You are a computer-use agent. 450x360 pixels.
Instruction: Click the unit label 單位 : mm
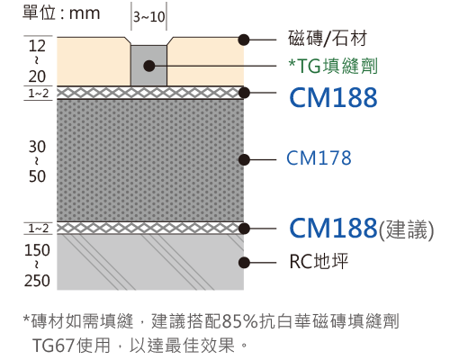[x=61, y=13]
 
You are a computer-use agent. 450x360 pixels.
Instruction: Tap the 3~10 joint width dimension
[x=149, y=17]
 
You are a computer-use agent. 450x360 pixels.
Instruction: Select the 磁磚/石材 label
[x=328, y=39]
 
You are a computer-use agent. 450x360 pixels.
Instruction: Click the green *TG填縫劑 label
[x=333, y=66]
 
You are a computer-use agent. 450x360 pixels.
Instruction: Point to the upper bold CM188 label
[x=333, y=97]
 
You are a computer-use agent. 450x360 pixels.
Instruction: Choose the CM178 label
[x=319, y=157]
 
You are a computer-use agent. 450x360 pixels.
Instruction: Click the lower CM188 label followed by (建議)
[x=362, y=229]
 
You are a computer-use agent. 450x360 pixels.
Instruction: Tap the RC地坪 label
[x=319, y=261]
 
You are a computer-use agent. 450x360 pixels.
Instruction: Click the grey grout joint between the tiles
[x=149, y=66]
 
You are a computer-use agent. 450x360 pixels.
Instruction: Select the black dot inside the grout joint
[x=149, y=66]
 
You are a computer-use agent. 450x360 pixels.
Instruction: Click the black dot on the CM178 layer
[x=245, y=159]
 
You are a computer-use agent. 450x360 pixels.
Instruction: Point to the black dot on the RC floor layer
[x=245, y=263]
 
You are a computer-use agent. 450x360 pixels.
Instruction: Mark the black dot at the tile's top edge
[x=244, y=40]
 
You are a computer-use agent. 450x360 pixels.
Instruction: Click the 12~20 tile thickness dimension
[x=37, y=61]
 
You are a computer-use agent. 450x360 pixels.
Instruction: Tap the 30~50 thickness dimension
[x=37, y=161]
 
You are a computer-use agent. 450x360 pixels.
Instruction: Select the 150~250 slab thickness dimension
[x=37, y=265]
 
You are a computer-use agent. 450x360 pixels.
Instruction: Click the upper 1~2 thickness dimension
[x=38, y=94]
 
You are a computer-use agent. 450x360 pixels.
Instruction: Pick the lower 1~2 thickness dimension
[x=38, y=229]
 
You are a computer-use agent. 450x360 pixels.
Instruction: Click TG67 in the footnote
[x=53, y=346]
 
